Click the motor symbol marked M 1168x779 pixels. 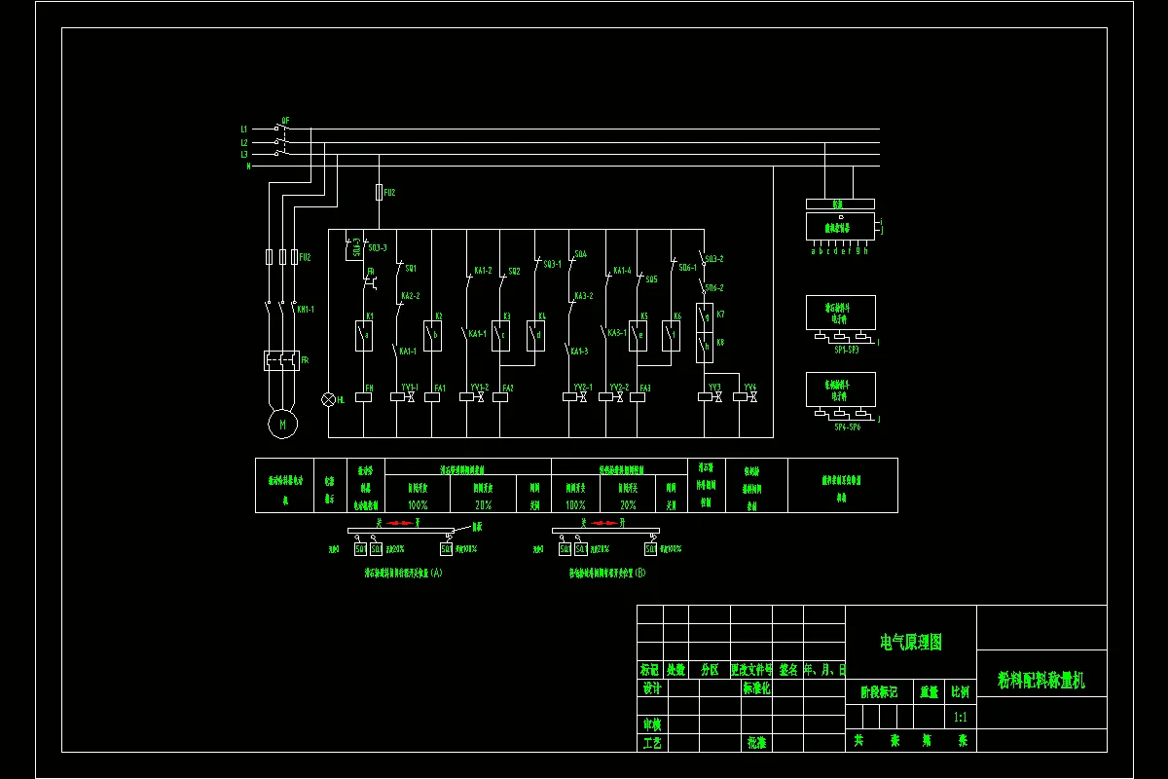(x=283, y=425)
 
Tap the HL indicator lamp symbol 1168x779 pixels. (x=328, y=399)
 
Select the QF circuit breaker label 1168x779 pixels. (x=285, y=121)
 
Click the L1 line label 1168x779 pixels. (x=244, y=129)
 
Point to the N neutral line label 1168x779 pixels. (x=248, y=167)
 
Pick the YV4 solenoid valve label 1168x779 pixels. (x=749, y=388)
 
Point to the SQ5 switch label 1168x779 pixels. (x=651, y=279)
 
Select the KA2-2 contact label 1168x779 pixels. (x=410, y=296)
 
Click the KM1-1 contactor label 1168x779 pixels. (x=306, y=309)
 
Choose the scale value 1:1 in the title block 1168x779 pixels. (x=960, y=717)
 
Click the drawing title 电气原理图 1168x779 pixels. (x=911, y=642)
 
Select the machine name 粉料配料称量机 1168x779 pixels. (x=1040, y=680)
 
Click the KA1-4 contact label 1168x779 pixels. (x=622, y=271)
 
